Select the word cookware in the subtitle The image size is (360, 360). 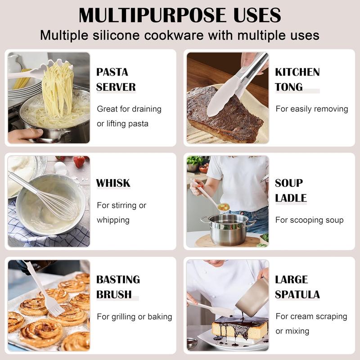(x=174, y=36)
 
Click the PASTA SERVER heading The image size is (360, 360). (x=116, y=80)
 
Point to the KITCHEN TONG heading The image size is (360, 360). (x=297, y=80)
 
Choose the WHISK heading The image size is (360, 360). (x=113, y=183)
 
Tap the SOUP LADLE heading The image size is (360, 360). (x=291, y=190)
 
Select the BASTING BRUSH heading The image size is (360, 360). (x=118, y=287)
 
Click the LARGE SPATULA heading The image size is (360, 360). (x=297, y=287)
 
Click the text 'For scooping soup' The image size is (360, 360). (x=310, y=220)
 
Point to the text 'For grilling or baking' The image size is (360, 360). (x=135, y=317)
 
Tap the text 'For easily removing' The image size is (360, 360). (x=312, y=109)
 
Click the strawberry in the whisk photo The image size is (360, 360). (x=79, y=162)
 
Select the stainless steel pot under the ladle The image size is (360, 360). (x=228, y=229)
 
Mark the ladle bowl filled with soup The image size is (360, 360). (x=224, y=207)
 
